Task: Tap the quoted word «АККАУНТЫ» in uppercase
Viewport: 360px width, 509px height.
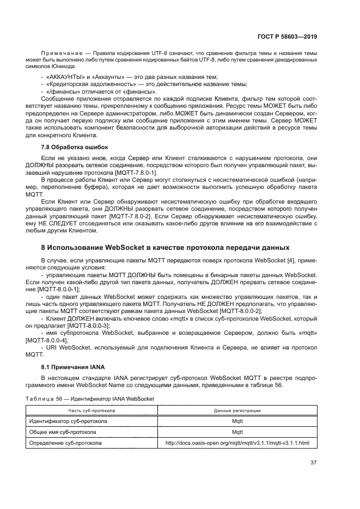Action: (x=64, y=76)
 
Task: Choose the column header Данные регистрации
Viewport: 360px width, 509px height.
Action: (x=237, y=410)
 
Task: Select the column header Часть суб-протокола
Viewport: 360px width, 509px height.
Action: (x=91, y=410)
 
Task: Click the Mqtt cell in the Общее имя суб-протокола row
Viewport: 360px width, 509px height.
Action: (x=237, y=432)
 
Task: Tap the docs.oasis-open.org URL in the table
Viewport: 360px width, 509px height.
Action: (x=237, y=443)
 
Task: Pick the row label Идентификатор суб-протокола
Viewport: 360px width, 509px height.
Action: (x=68, y=421)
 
